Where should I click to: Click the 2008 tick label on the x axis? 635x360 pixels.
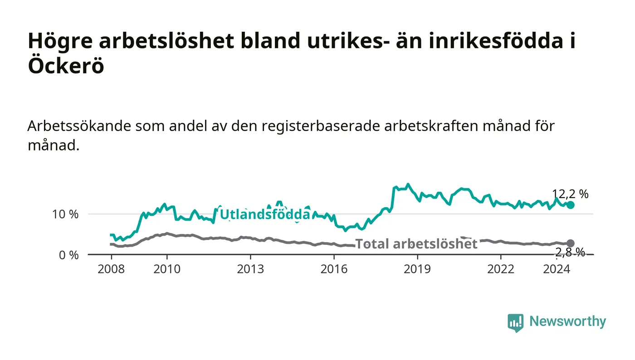pyautogui.click(x=111, y=269)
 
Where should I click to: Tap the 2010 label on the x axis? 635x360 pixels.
pyautogui.click(x=167, y=269)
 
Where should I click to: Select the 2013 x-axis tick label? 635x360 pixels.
pyautogui.click(x=250, y=269)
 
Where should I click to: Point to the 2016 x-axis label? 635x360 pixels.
pyautogui.click(x=334, y=269)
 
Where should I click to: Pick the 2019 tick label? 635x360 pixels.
pyautogui.click(x=417, y=269)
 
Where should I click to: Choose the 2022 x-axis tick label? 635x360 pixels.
pyautogui.click(x=501, y=269)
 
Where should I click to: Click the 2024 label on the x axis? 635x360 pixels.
pyautogui.click(x=557, y=269)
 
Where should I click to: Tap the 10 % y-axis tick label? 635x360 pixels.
pyautogui.click(x=65, y=214)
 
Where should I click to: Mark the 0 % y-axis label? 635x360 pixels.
pyautogui.click(x=69, y=255)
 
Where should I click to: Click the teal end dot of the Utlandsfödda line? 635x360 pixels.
pyautogui.click(x=571, y=204)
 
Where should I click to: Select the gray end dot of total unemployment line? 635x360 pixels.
pyautogui.click(x=571, y=243)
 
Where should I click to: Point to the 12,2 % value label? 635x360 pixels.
pyautogui.click(x=571, y=194)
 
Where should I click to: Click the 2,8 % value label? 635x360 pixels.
pyautogui.click(x=570, y=252)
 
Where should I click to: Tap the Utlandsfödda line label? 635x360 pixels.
pyautogui.click(x=265, y=214)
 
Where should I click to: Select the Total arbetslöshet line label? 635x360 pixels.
pyautogui.click(x=416, y=244)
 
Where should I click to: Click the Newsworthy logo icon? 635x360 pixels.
pyautogui.click(x=516, y=323)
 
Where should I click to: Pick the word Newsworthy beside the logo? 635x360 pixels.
pyautogui.click(x=568, y=321)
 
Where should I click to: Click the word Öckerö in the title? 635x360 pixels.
pyautogui.click(x=66, y=65)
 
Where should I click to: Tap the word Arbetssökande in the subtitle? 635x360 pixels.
pyautogui.click(x=79, y=126)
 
